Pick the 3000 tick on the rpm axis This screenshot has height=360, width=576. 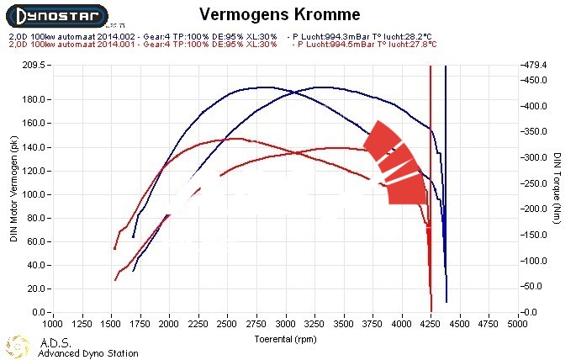point(286,322)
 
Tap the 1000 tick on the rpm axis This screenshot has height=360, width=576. point(52,322)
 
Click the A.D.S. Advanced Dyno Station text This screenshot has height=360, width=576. point(87,348)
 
